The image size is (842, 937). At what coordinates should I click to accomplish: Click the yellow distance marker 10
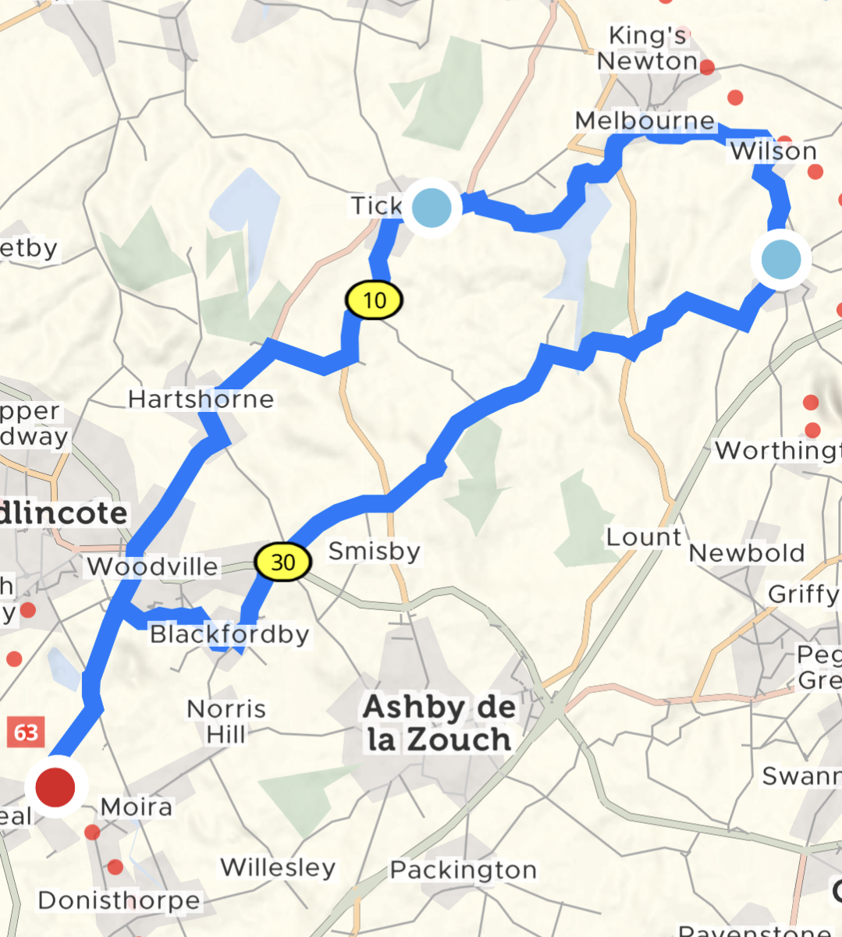(x=375, y=300)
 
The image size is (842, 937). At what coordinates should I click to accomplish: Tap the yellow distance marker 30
(x=282, y=561)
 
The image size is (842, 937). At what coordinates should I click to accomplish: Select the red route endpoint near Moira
(x=55, y=786)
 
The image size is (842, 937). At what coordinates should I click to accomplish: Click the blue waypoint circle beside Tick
(x=432, y=208)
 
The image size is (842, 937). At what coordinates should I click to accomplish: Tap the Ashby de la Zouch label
(x=439, y=723)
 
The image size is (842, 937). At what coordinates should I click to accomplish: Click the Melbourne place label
(x=645, y=121)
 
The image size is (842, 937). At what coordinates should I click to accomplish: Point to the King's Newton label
(x=647, y=48)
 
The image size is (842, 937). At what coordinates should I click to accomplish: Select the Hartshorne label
(x=201, y=399)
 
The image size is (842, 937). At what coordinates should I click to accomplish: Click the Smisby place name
(x=374, y=551)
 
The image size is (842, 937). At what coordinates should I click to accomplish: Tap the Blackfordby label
(x=229, y=634)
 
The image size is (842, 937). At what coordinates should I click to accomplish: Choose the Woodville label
(x=152, y=566)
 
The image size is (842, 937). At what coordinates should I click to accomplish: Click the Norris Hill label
(x=226, y=721)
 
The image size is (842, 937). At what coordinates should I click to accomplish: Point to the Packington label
(x=464, y=870)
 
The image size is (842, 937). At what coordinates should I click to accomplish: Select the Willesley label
(x=278, y=867)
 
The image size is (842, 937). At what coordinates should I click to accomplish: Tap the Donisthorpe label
(x=119, y=900)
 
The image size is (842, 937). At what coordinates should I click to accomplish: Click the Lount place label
(x=644, y=537)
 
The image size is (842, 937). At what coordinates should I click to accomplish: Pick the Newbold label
(x=747, y=553)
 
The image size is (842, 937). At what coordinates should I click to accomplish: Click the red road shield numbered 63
(x=26, y=733)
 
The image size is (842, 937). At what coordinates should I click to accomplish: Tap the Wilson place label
(x=773, y=151)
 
